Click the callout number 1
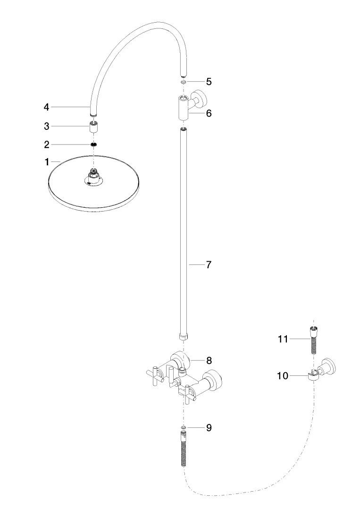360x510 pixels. pos(47,162)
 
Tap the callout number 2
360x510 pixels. pos(47,144)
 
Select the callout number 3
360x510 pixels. pos(47,126)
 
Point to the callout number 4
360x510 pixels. pos(46,107)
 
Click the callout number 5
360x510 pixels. pos(208,81)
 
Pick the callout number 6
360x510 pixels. pos(208,113)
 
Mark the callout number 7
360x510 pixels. pos(208,265)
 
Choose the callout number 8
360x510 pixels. pos(208,360)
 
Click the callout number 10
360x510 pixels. pos(282,375)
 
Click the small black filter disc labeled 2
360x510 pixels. pos(94,144)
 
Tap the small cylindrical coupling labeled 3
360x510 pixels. pos(94,127)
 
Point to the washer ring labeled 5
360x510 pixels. pos(183,82)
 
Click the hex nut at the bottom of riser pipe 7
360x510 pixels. pos(183,337)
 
